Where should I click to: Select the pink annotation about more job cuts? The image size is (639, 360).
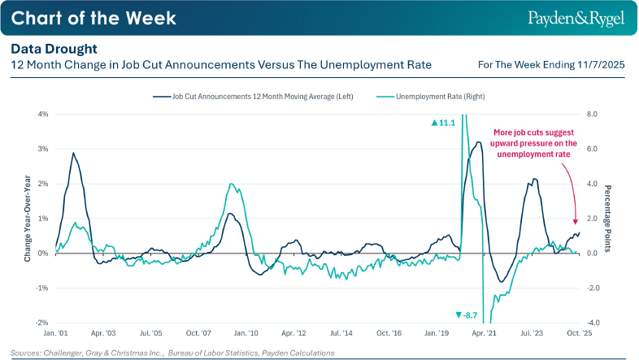tap(533, 143)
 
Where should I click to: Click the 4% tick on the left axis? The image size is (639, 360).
tap(43, 114)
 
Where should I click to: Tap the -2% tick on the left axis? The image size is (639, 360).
tap(42, 323)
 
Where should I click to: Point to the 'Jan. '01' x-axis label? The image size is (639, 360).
tap(54, 333)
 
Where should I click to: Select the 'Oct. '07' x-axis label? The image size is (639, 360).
tap(199, 333)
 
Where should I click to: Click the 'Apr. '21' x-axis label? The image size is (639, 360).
tap(485, 333)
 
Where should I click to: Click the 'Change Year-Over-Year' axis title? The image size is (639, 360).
tap(28, 218)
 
